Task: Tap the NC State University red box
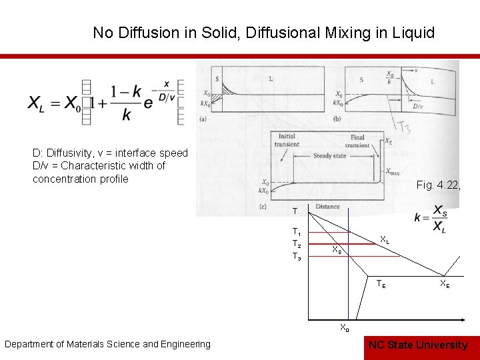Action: (x=418, y=345)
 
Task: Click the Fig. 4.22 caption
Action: (x=437, y=185)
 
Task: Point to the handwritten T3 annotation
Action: (x=404, y=123)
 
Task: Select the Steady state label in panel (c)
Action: (x=329, y=156)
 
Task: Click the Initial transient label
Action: (x=287, y=141)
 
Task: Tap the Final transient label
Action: (x=358, y=141)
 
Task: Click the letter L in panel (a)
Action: (x=269, y=79)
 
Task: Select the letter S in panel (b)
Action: (x=362, y=79)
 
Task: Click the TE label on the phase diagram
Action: (x=381, y=283)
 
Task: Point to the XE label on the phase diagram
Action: (x=444, y=285)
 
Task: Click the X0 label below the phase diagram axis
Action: (x=343, y=327)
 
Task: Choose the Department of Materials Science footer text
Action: (x=107, y=344)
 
